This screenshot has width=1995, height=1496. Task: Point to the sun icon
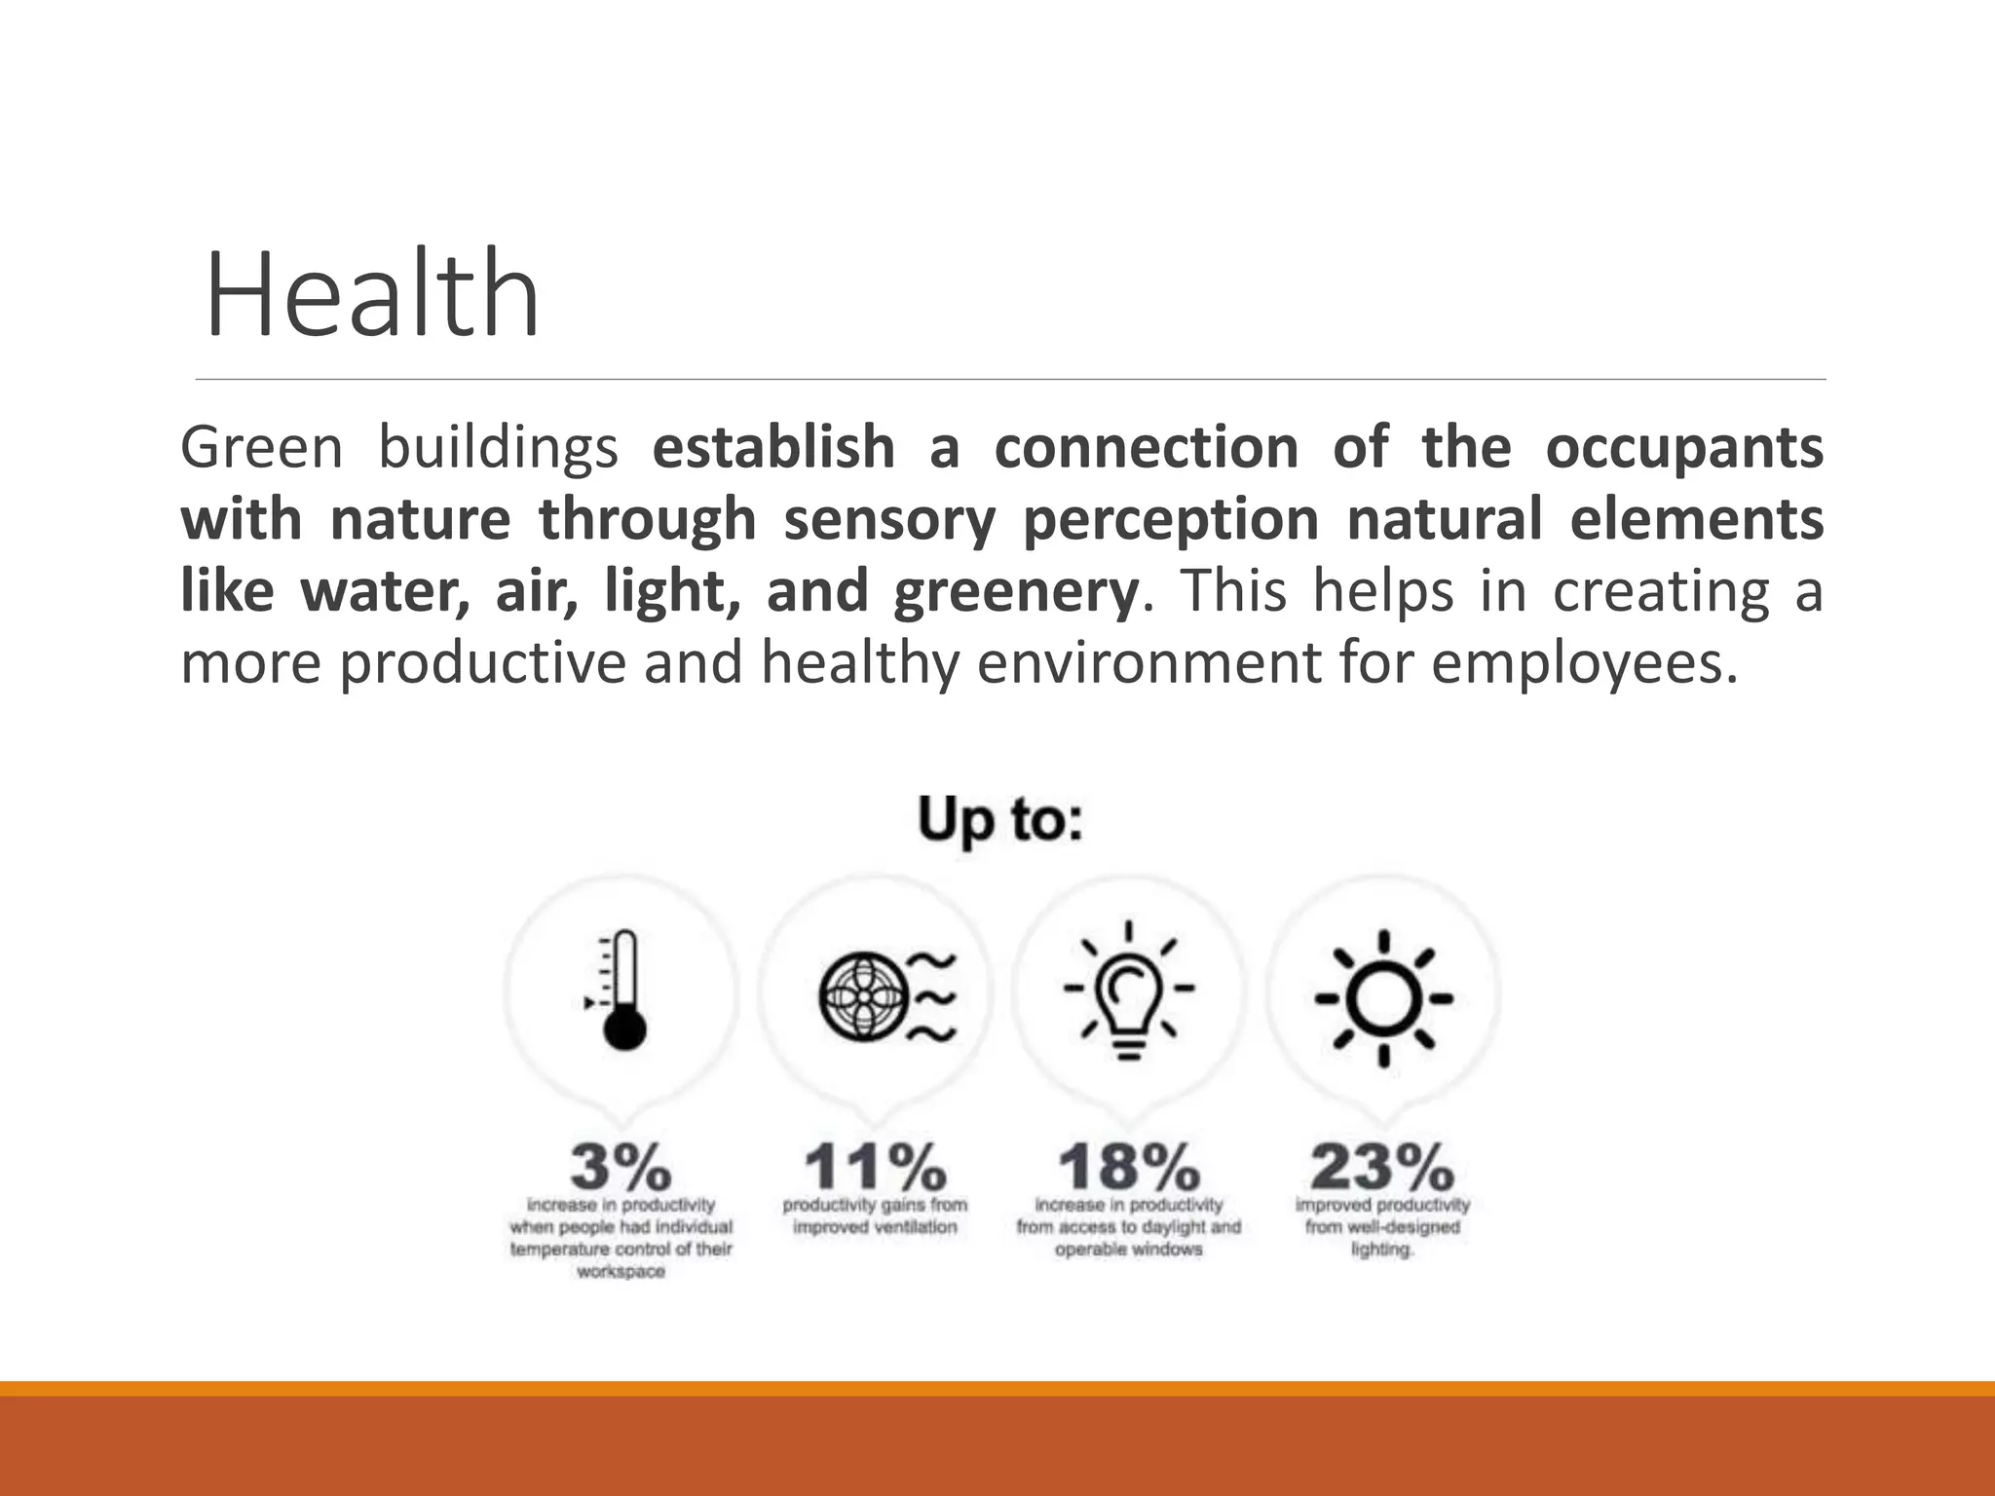tap(1383, 997)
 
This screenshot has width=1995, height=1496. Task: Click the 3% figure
tap(621, 1166)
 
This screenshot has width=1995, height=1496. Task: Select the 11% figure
tap(875, 1166)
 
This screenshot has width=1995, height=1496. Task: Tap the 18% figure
tap(1129, 1166)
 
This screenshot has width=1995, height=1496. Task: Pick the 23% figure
tap(1382, 1166)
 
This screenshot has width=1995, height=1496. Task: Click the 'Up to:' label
tap(999, 820)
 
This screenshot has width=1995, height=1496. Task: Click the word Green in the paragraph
tap(261, 448)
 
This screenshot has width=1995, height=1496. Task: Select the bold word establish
tap(773, 448)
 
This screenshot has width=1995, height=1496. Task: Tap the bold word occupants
tap(1684, 448)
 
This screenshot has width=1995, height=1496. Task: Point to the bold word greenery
tap(1015, 592)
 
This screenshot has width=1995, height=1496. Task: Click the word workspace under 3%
tap(621, 1272)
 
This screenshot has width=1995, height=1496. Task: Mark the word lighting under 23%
tap(1381, 1250)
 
